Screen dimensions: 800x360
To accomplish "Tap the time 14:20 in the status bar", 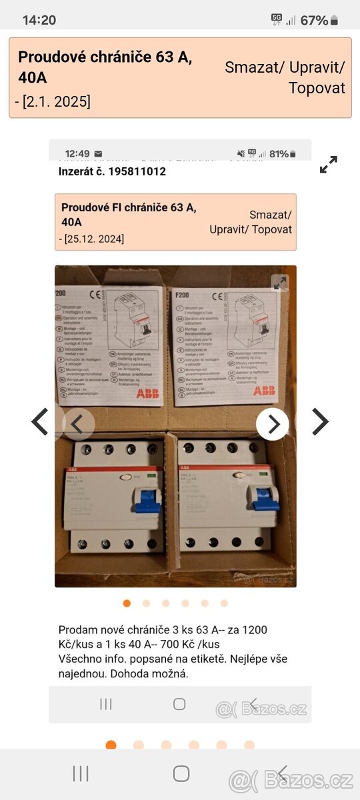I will [39, 20].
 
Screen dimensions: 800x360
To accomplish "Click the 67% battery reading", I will [314, 20].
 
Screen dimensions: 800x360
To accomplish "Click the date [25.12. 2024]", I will [94, 239].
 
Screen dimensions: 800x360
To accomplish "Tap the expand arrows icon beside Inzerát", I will [328, 165].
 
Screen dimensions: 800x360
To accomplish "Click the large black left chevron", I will [40, 422].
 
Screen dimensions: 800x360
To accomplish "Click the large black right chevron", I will [320, 422].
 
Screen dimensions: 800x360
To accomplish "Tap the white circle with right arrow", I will [273, 424].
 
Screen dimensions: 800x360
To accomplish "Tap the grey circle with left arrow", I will [79, 424].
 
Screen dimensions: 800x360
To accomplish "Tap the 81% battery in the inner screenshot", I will [279, 153].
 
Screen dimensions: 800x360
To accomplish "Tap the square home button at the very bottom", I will [181, 773].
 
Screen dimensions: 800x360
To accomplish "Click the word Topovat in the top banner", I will [317, 88].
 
